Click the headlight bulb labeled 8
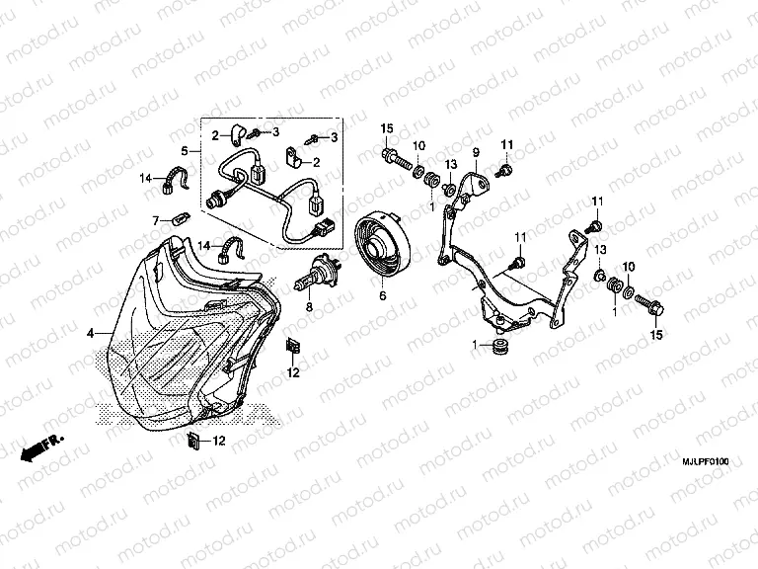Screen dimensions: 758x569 pos(318,275)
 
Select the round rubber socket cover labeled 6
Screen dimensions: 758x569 pos(382,247)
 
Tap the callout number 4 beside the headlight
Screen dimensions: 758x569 pos(91,333)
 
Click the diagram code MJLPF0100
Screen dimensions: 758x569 pos(706,462)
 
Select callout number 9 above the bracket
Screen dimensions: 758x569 pos(476,153)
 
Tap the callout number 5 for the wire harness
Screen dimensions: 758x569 pos(185,151)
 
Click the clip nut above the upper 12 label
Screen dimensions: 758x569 pos(293,347)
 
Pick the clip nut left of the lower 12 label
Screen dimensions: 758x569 pos(192,440)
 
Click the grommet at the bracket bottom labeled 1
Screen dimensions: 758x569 pos(497,347)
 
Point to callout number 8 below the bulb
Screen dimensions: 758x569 pos(309,307)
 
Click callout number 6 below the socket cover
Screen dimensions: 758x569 pos(383,294)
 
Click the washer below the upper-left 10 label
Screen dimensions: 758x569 pos(418,172)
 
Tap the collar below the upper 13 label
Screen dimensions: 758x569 pos(449,188)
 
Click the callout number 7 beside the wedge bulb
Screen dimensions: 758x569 pos(156,221)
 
